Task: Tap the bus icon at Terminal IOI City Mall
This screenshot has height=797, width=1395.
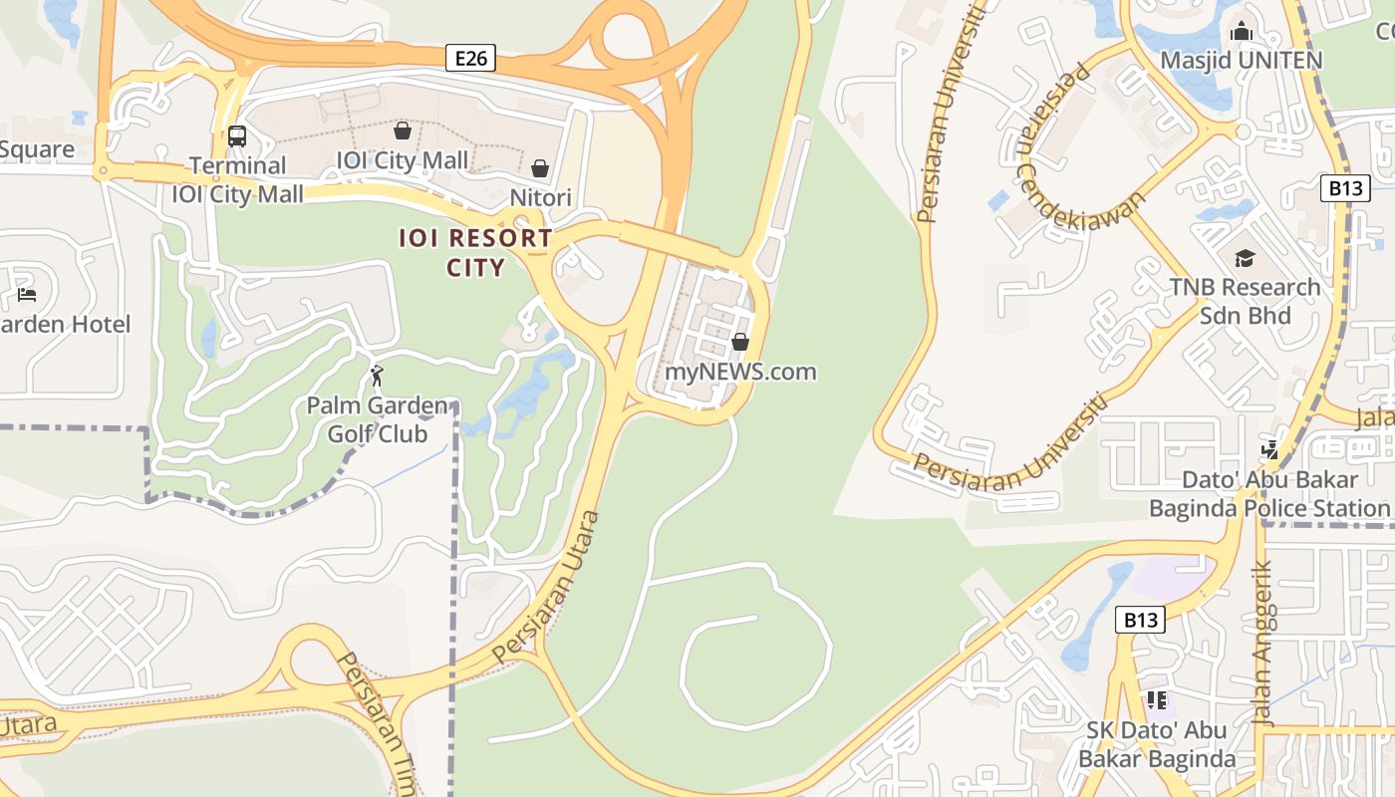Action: tap(237, 136)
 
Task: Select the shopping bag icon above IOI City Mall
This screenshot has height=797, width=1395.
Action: tap(403, 131)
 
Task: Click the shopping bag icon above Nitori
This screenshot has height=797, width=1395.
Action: tap(540, 168)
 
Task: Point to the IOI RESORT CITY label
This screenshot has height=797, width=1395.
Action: tap(475, 253)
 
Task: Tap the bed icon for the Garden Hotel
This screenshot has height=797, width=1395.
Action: tap(27, 295)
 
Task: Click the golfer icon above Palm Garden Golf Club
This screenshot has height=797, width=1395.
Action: tap(377, 376)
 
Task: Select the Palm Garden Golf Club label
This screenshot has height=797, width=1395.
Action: tap(378, 419)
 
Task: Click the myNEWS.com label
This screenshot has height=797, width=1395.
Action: tap(740, 372)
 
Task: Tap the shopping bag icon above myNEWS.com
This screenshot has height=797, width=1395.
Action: tap(740, 342)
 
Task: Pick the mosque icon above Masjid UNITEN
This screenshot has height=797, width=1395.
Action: tap(1241, 32)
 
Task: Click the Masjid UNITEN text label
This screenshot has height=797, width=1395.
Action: tap(1241, 61)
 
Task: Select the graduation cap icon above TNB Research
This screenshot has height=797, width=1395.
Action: tap(1245, 259)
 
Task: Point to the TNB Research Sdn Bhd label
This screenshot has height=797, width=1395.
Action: tap(1245, 302)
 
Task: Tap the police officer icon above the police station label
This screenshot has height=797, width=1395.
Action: tap(1269, 449)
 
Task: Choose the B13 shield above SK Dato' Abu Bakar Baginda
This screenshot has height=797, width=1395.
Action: tap(1140, 620)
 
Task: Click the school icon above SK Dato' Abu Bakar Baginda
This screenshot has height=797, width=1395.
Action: tap(1156, 700)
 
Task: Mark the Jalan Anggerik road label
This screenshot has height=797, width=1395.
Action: tap(1262, 644)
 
